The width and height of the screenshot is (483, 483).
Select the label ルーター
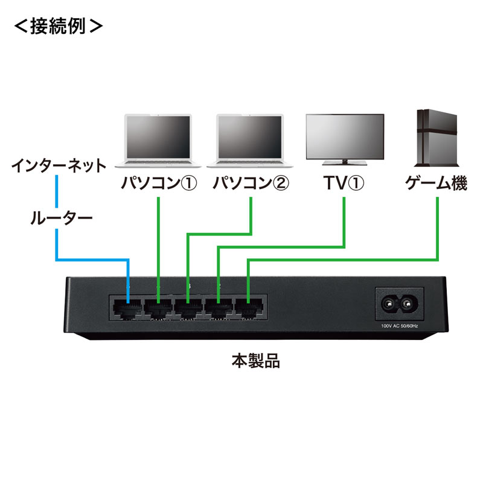click(61, 218)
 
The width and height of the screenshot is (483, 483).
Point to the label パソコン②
click(251, 183)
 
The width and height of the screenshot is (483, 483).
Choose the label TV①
click(344, 183)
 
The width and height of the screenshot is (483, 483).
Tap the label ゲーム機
click(436, 183)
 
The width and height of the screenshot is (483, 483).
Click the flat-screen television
click(344, 135)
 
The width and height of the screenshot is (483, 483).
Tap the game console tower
click(436, 138)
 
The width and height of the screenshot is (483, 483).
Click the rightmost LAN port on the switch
click(249, 307)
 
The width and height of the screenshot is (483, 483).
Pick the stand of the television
click(344, 162)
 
